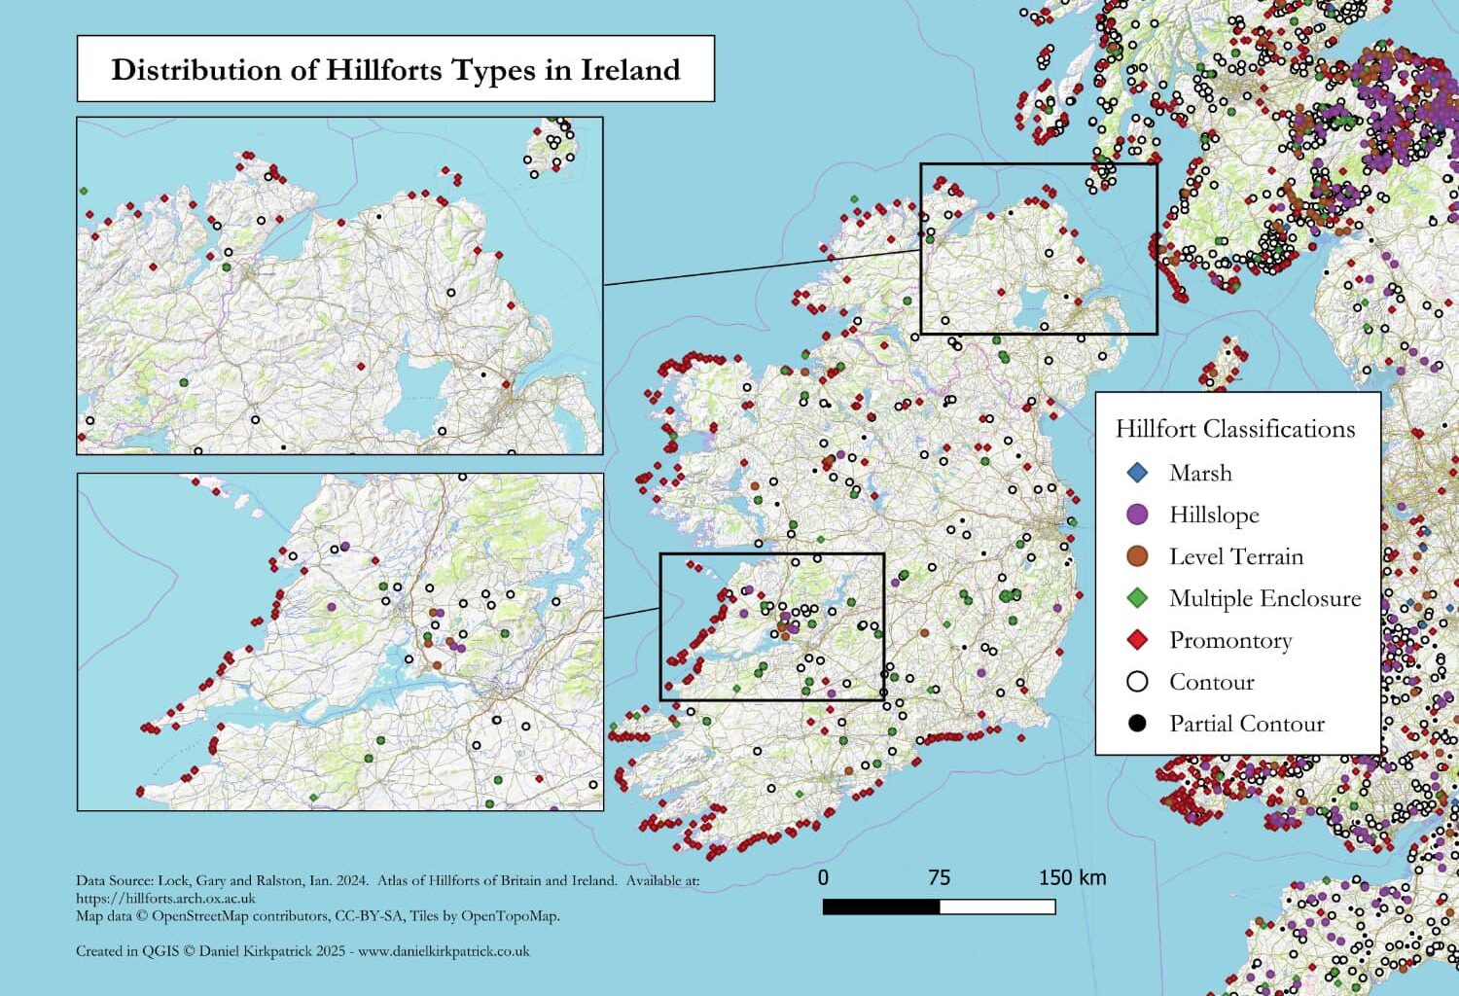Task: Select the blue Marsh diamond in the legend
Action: point(1137,473)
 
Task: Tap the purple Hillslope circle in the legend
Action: point(1137,515)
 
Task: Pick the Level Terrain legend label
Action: point(1235,556)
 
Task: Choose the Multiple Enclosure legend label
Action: point(1264,598)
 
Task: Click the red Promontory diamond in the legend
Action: point(1137,640)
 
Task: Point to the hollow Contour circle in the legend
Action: point(1137,682)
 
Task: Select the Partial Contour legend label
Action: point(1246,724)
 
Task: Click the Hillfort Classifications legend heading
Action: point(1234,429)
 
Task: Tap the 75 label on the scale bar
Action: point(939,877)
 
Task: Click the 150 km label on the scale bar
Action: point(1072,877)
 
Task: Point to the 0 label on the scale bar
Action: point(823,877)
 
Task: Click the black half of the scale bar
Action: point(881,907)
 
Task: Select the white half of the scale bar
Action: point(997,907)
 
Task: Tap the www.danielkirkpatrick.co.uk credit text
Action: point(444,951)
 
